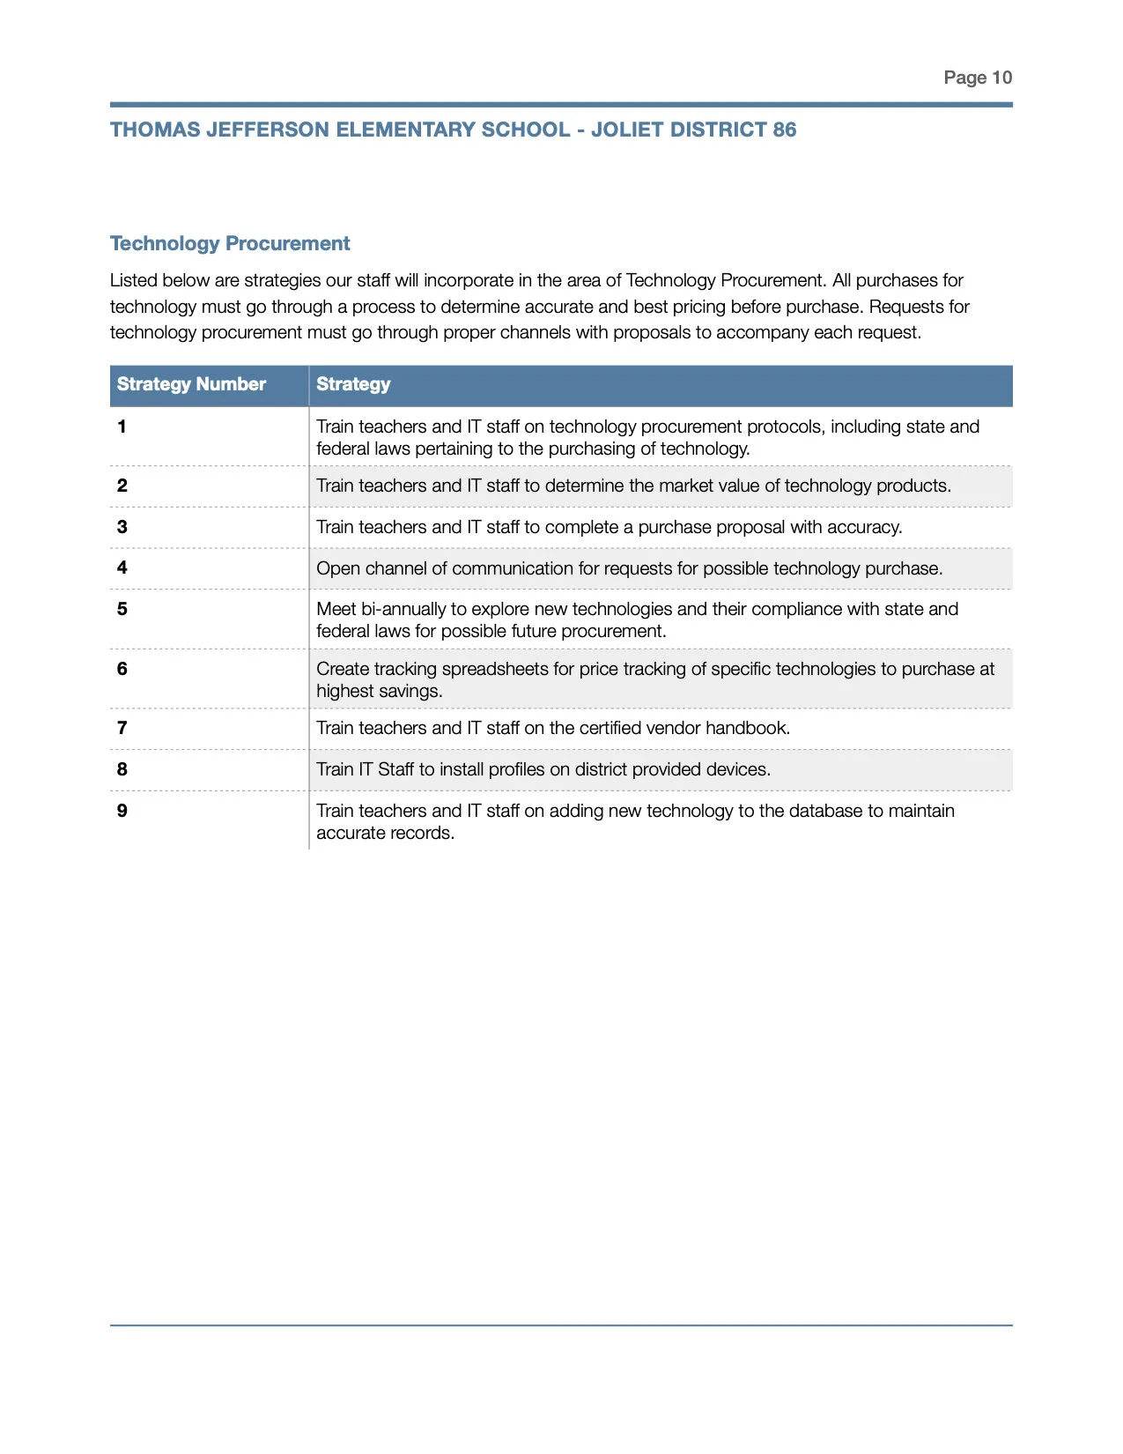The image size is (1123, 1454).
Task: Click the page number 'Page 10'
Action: tap(977, 78)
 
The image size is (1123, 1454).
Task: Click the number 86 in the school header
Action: tap(784, 130)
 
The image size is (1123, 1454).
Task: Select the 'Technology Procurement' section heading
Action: tap(230, 243)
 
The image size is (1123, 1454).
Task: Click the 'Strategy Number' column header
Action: tap(191, 384)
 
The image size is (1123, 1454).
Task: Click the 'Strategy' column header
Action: tap(353, 384)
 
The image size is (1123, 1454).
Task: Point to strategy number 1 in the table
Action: tap(122, 427)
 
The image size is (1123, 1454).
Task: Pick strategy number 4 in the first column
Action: tap(122, 568)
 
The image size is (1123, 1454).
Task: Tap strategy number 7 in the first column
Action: tap(122, 728)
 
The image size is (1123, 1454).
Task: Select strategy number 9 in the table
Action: tap(122, 811)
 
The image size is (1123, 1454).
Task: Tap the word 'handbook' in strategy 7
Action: tap(747, 728)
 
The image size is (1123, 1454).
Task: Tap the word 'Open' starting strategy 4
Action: tap(337, 568)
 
